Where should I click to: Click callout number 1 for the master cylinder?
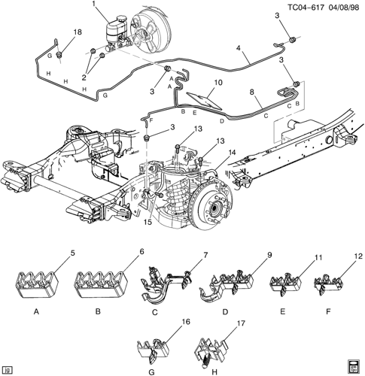click(94, 4)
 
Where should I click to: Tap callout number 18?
click(78, 32)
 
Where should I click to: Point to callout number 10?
click(218, 82)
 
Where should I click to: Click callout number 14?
click(232, 152)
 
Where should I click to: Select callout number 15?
click(148, 222)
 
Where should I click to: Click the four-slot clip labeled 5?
click(38, 284)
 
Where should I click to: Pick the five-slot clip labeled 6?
click(101, 284)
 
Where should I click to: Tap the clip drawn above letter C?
click(166, 286)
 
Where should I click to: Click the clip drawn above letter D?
click(226, 284)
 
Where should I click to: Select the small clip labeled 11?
click(285, 284)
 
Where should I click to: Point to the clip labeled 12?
click(328, 284)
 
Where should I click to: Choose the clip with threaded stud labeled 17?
click(211, 352)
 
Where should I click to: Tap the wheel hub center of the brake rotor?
click(214, 208)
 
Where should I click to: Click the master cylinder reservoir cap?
click(122, 19)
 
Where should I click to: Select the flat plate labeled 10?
click(204, 101)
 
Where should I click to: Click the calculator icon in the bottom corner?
click(354, 367)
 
